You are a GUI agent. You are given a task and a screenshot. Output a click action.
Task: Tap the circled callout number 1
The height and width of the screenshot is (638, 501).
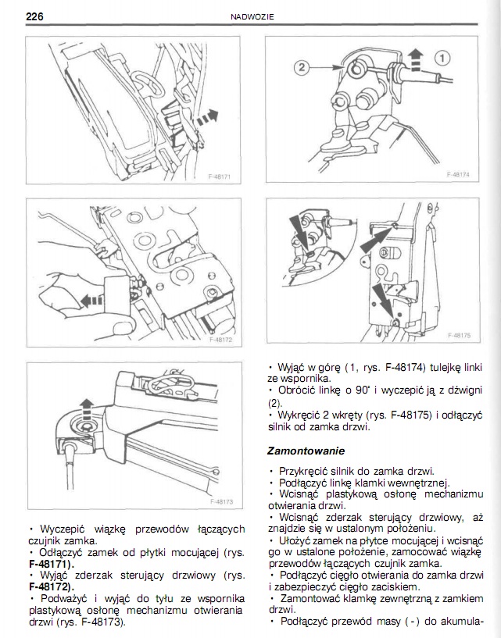442,57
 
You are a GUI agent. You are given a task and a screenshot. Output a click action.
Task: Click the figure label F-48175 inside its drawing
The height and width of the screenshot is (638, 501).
460,337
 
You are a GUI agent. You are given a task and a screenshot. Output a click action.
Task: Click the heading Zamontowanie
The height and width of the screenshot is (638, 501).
306,451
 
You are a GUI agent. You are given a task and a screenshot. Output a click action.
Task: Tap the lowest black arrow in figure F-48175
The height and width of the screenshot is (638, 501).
384,299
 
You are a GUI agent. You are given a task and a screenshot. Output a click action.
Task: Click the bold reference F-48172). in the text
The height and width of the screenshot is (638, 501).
53,585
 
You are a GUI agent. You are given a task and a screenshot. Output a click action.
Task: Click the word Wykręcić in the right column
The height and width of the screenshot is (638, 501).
298,415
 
